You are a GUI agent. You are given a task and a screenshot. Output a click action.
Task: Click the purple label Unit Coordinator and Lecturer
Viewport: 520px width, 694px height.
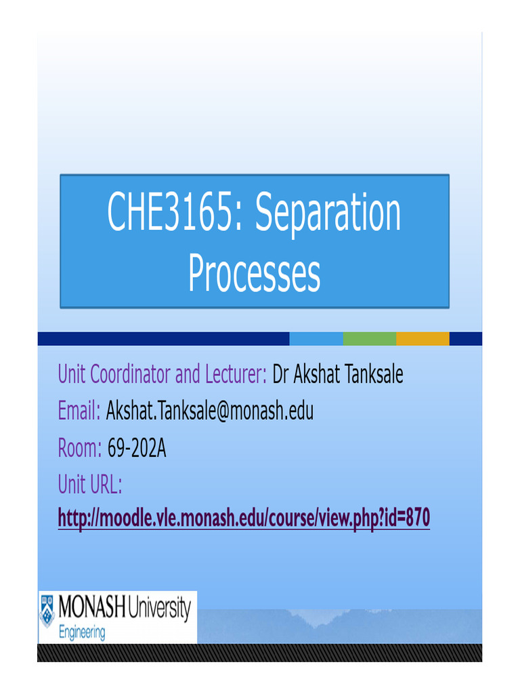pyautogui.click(x=162, y=374)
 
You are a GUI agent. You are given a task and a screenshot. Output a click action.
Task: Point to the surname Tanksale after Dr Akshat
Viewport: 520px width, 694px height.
pyautogui.click(x=370, y=374)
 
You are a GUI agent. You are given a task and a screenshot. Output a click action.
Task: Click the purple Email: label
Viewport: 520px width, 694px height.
pyautogui.click(x=79, y=411)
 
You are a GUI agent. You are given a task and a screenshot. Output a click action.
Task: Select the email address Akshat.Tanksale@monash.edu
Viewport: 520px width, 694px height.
pyautogui.click(x=210, y=411)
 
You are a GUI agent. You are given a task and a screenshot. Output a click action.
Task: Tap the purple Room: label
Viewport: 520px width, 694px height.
pyautogui.click(x=80, y=447)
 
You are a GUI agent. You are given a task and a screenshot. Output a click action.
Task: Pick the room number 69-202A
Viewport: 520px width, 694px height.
pyautogui.click(x=137, y=447)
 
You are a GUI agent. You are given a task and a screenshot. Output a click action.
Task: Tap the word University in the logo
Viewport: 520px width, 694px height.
pyautogui.click(x=158, y=609)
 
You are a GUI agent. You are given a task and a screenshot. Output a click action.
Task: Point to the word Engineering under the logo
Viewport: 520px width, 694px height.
pyautogui.click(x=82, y=633)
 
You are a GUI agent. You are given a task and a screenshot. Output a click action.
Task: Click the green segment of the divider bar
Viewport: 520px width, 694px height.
pyautogui.click(x=370, y=339)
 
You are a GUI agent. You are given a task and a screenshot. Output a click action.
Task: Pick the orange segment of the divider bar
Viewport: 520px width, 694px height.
pyautogui.click(x=422, y=339)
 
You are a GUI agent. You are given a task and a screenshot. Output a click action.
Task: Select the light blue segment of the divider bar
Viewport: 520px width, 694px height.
pyautogui.click(x=316, y=339)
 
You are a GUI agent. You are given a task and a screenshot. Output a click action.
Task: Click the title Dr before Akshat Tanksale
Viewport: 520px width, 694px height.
pyautogui.click(x=281, y=374)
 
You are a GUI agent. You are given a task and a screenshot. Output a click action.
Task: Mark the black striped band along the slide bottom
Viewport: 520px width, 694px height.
pyautogui.click(x=260, y=653)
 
